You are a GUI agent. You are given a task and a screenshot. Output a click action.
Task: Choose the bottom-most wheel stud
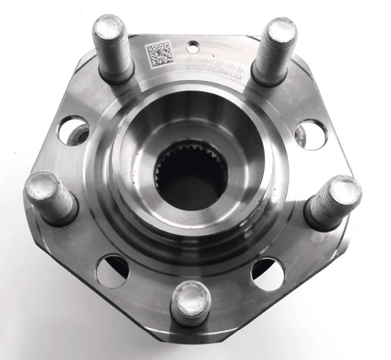191,302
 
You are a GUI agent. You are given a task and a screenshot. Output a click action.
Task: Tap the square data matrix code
158,54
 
